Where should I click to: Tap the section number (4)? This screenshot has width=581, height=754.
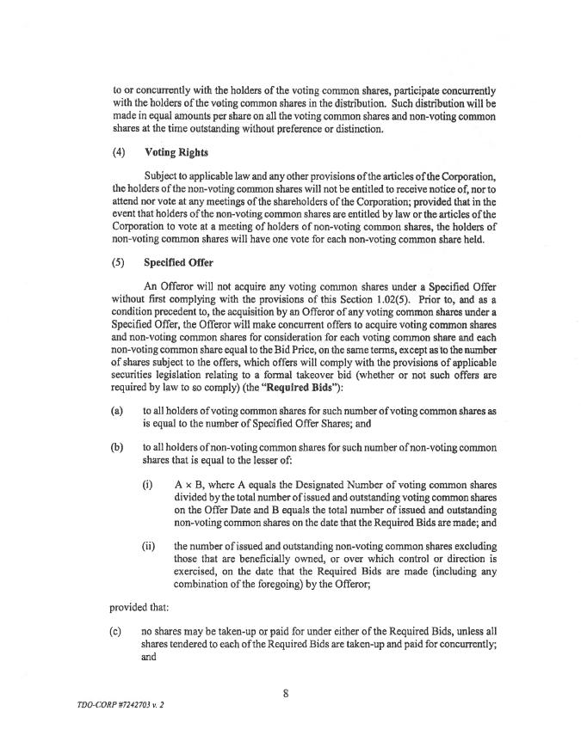coord(119,152)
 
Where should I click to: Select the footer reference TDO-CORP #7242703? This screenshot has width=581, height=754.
coord(107,703)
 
